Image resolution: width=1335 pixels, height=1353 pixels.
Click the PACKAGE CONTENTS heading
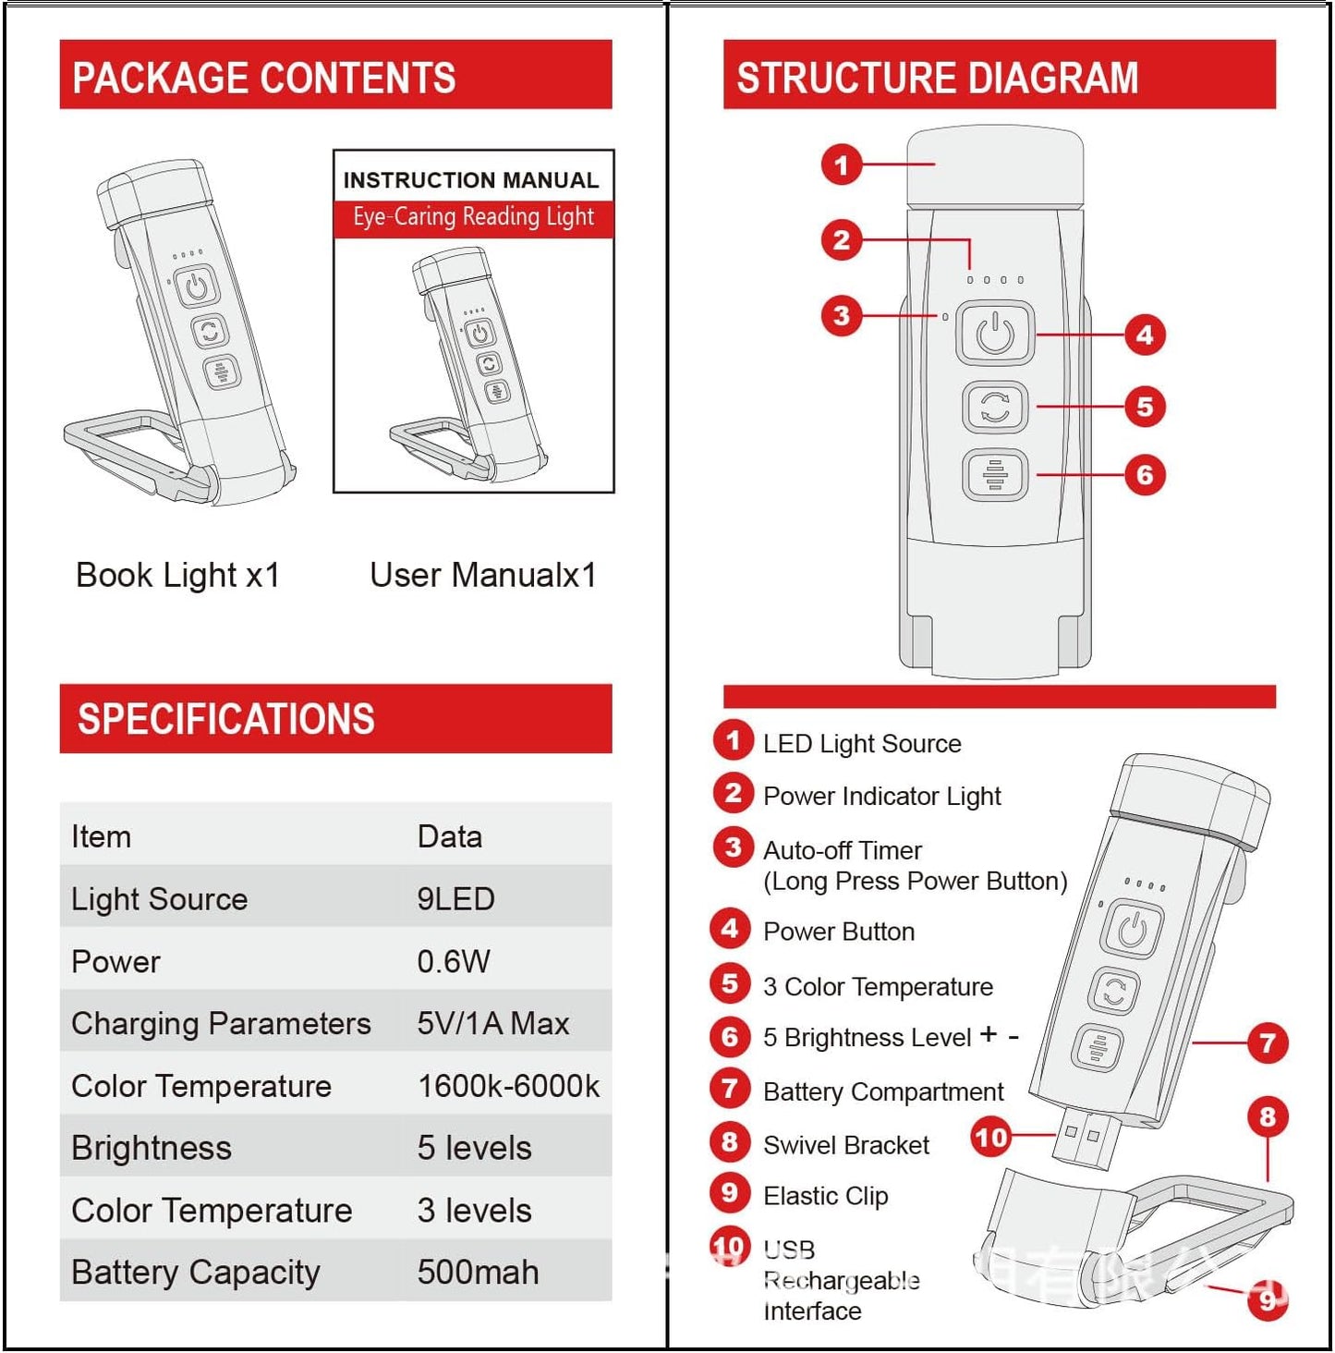click(264, 77)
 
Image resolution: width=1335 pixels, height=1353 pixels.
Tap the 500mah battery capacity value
click(478, 1272)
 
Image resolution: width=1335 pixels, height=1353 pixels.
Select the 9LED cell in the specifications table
click(455, 898)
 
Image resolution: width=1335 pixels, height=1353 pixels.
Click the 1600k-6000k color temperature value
click(508, 1085)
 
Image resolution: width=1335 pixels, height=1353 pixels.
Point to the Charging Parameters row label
click(221, 1023)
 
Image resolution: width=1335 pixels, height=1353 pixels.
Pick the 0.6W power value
click(453, 961)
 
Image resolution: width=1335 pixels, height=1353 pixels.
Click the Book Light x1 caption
click(177, 575)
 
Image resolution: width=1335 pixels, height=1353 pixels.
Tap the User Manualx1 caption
click(482, 575)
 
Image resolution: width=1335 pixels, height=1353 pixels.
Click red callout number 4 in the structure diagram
click(1145, 335)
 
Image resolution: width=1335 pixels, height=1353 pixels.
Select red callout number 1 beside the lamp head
click(841, 165)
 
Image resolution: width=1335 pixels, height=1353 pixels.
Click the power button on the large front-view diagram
click(995, 334)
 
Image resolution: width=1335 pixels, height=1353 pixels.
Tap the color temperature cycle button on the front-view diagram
click(995, 407)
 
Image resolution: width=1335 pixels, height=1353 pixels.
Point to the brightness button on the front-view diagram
click(995, 475)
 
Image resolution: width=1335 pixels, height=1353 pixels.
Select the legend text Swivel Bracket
click(845, 1145)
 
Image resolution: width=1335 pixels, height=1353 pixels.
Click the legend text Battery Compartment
click(882, 1091)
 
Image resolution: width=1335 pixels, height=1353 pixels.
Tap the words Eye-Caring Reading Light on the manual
click(473, 217)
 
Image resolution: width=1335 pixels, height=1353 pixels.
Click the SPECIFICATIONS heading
click(226, 719)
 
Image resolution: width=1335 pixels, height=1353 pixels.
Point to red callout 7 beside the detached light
click(1267, 1043)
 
